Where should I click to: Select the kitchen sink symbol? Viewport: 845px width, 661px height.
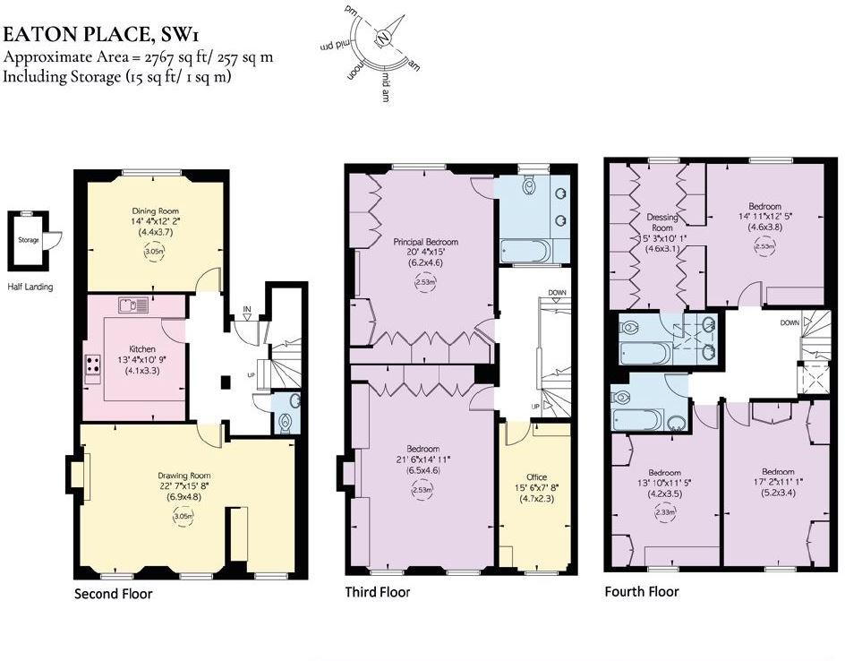(x=132, y=305)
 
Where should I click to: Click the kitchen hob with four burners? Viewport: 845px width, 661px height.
(x=92, y=365)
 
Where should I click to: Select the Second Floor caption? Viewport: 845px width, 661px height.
(x=113, y=594)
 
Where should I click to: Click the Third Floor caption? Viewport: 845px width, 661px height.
(x=378, y=592)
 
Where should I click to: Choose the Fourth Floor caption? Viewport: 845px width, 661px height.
(x=642, y=591)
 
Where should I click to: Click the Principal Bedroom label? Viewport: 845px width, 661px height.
(x=425, y=242)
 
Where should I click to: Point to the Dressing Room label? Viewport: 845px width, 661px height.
(x=661, y=223)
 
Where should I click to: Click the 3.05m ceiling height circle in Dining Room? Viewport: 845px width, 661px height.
(x=155, y=253)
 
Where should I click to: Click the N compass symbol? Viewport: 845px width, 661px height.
(x=384, y=39)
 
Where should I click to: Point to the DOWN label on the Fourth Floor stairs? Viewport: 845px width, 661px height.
(x=789, y=322)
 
